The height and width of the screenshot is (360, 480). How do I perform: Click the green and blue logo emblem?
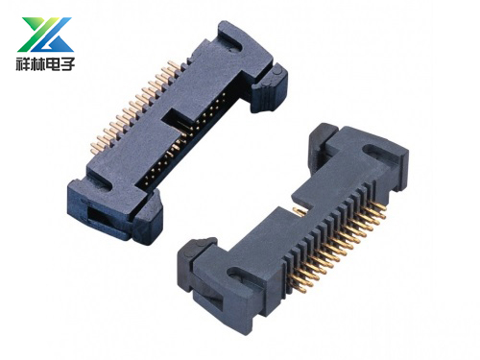tap(45, 35)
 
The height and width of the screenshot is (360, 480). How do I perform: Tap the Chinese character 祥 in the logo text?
tap(23, 63)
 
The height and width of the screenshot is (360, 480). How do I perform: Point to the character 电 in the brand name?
tap(53, 63)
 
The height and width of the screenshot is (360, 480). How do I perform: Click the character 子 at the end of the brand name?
tap(67, 63)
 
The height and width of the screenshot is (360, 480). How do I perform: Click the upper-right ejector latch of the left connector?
tap(271, 88)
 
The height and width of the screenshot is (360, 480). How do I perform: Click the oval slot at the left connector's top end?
tap(232, 37)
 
